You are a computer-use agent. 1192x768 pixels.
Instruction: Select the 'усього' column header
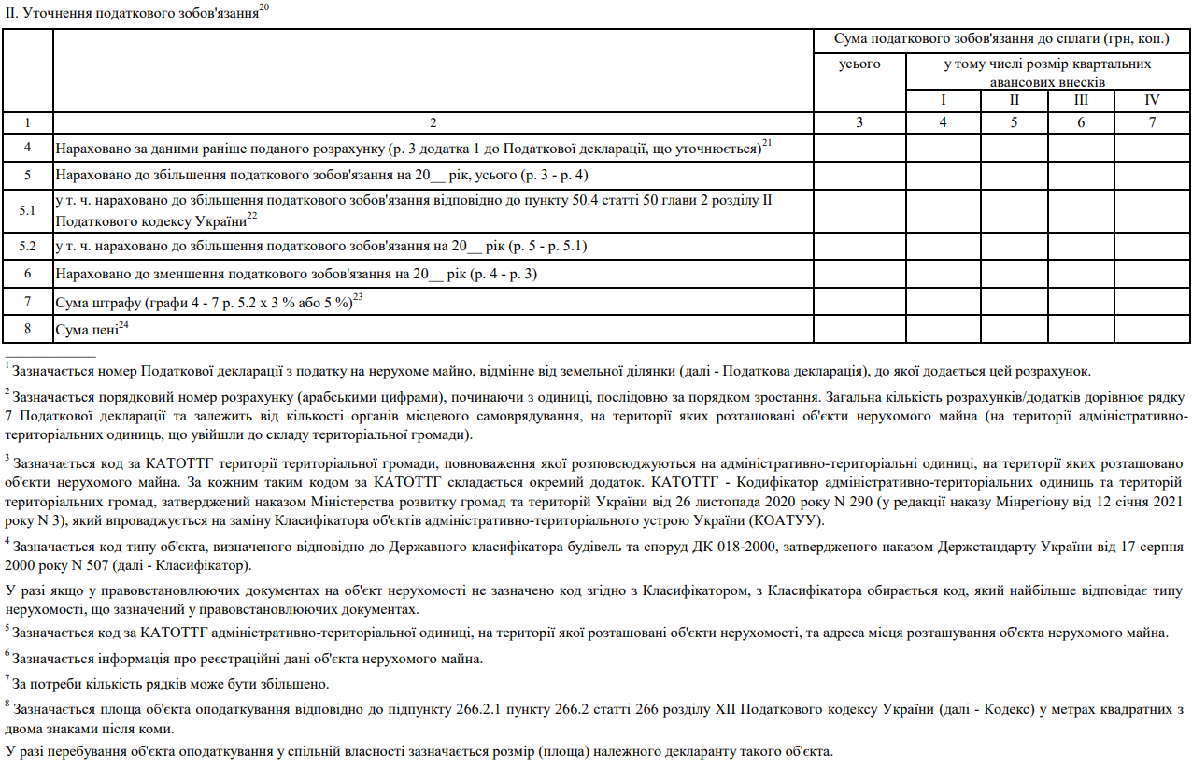pos(859,64)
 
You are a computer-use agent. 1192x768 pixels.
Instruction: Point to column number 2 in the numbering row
pos(433,122)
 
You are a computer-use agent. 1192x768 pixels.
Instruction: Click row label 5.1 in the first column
pos(28,210)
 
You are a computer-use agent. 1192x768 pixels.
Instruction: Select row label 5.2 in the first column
pos(28,246)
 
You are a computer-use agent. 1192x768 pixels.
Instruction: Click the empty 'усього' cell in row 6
pos(859,274)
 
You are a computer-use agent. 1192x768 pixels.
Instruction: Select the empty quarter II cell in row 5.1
pos(1014,210)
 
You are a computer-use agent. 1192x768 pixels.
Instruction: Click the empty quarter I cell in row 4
pos(943,148)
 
